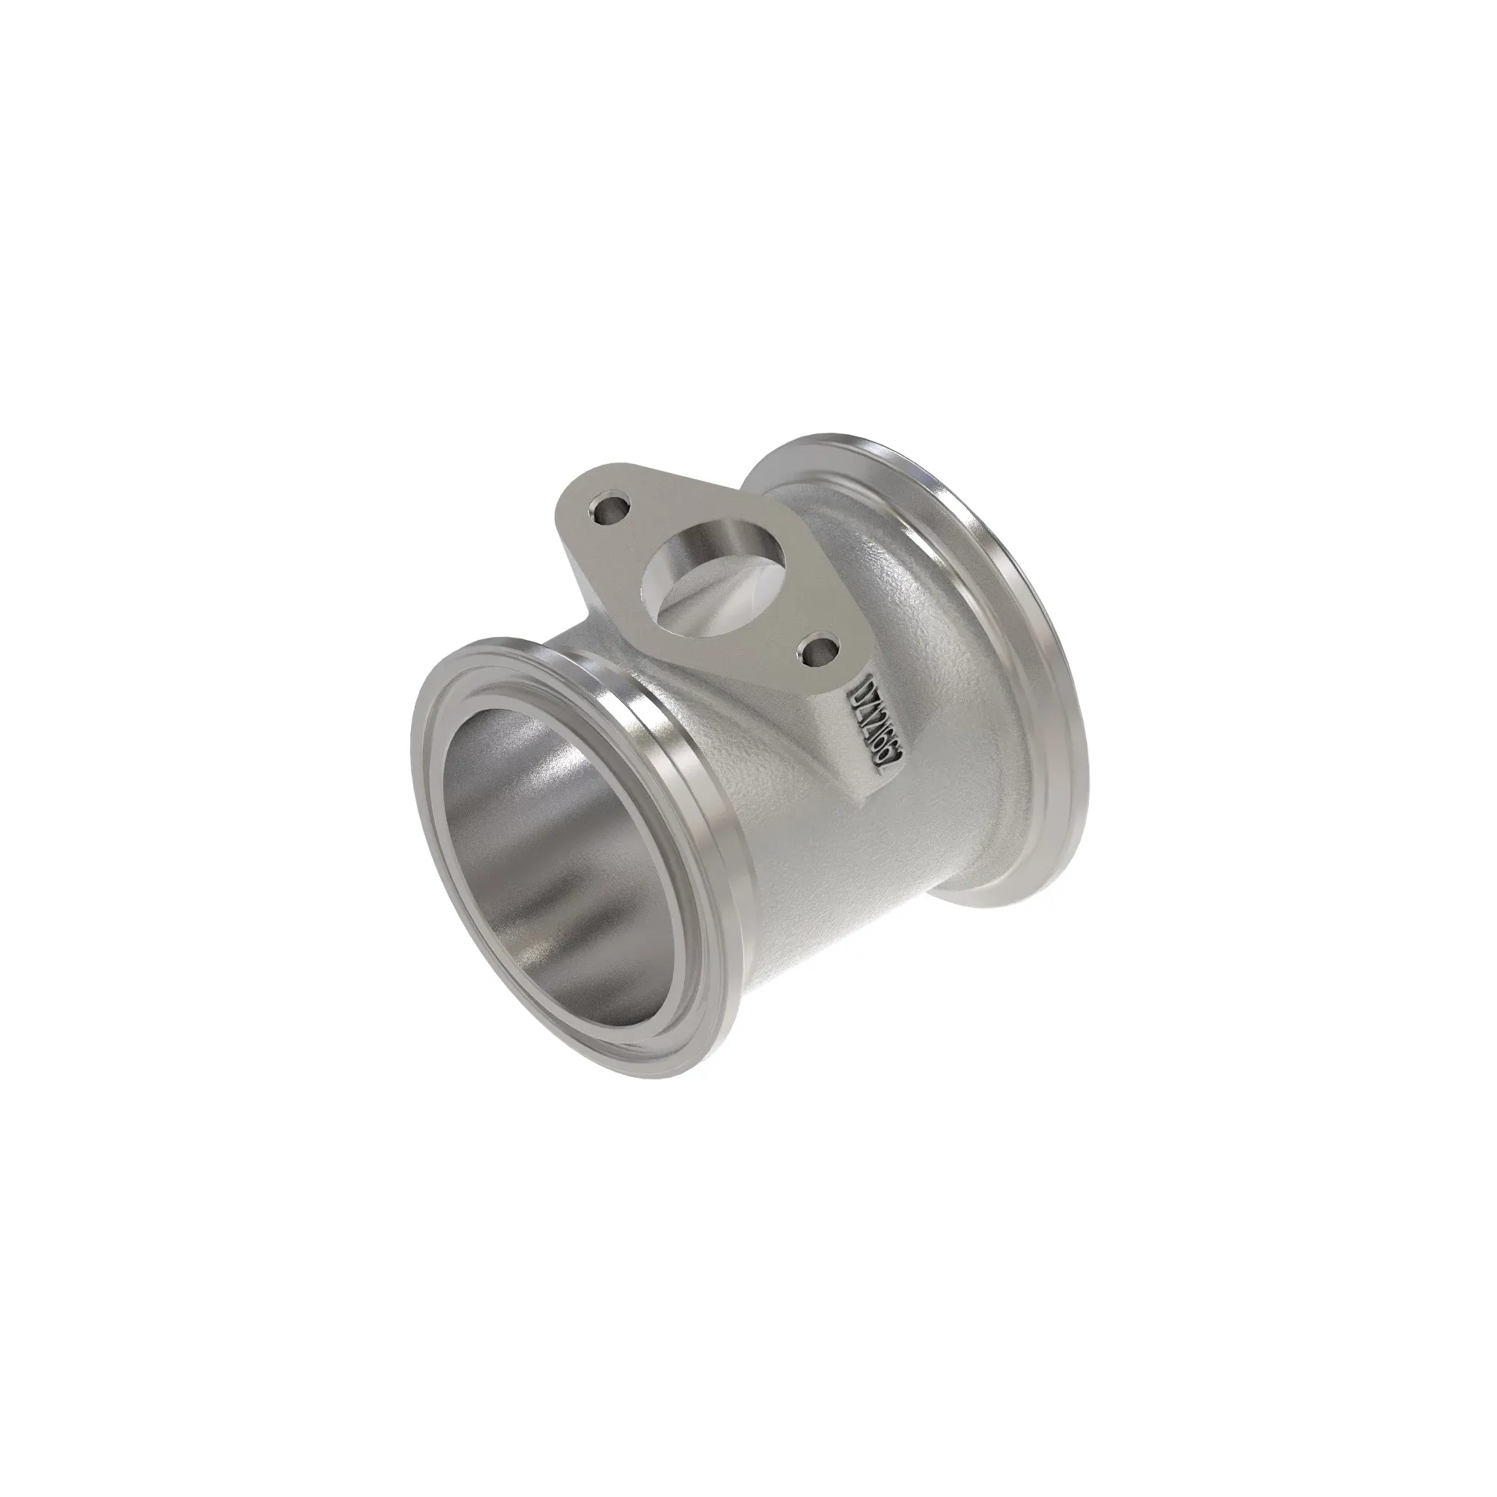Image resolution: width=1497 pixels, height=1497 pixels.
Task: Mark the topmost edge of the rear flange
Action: [821, 436]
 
